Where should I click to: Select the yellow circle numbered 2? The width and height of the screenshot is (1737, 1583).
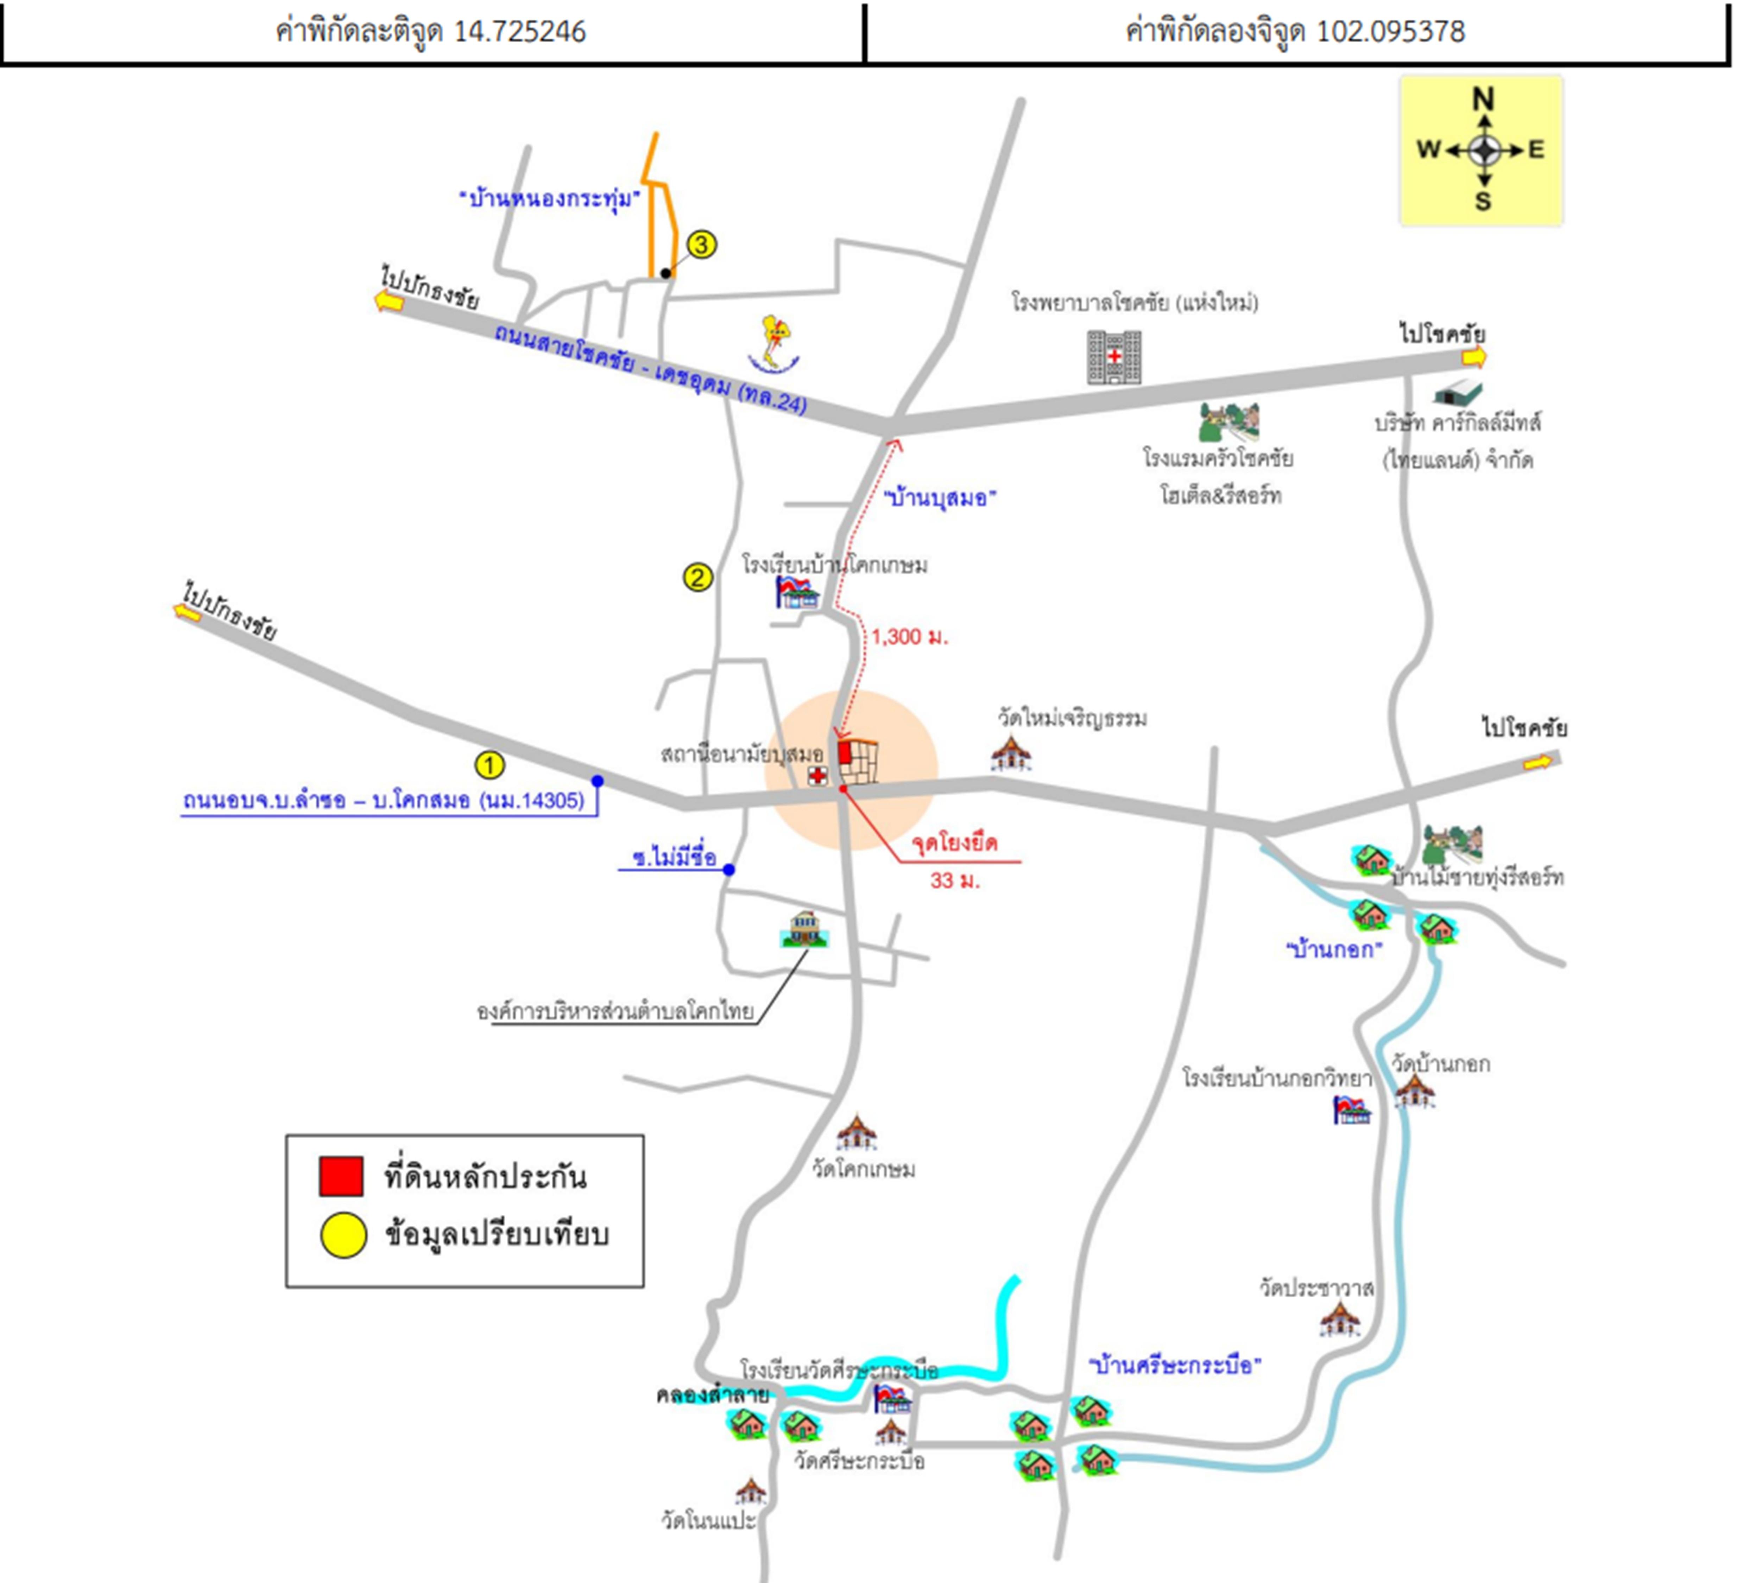pos(698,577)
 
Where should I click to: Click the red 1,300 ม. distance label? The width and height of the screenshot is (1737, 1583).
pos(909,637)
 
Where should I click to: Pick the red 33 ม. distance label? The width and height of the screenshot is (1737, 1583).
pos(955,880)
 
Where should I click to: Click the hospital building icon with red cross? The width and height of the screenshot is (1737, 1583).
pos(1114,357)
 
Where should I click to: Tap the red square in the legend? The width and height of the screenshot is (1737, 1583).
pos(341,1176)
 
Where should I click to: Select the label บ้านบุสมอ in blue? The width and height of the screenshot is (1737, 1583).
pos(940,498)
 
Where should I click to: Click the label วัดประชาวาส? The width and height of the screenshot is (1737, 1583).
pos(1316,1289)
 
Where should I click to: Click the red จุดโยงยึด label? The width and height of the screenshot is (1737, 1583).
pos(955,843)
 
